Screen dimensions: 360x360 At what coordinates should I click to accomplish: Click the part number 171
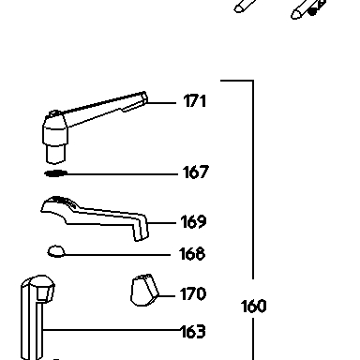195,101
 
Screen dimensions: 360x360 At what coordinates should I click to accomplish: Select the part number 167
195,172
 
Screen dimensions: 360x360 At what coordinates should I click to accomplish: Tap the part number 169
193,221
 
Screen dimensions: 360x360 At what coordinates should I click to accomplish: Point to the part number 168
192,254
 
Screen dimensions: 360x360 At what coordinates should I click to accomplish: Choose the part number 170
193,293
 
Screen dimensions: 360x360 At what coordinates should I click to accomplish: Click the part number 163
193,332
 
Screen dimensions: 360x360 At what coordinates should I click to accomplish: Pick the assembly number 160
254,307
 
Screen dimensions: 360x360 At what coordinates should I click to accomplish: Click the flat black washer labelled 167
56,173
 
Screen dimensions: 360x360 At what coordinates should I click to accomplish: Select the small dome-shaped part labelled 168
56,251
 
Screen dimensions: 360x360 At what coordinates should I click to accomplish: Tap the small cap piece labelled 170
144,291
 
